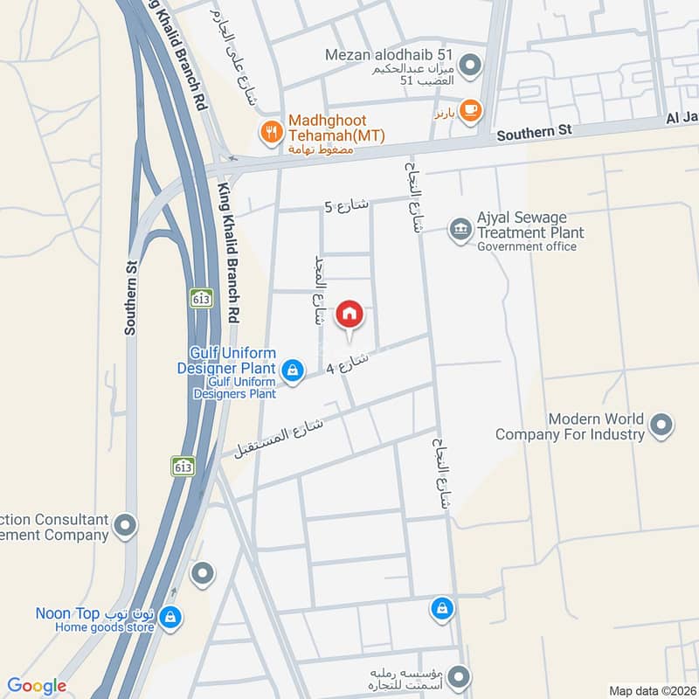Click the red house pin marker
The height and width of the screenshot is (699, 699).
coord(349,314)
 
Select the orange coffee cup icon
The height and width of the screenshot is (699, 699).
coord(471,110)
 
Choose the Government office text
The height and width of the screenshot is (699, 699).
coord(527,246)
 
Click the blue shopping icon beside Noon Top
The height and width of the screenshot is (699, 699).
coord(171,618)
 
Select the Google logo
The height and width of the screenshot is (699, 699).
coord(37,686)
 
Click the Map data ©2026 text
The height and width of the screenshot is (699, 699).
coord(651,690)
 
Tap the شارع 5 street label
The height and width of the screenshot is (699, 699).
coord(347,206)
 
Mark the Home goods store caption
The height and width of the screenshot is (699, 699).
coord(105,627)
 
